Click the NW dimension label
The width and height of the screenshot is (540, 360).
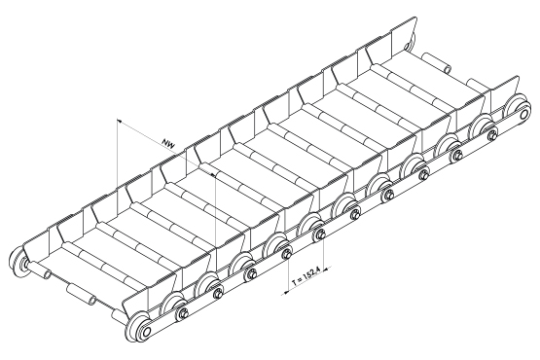coord(168,143)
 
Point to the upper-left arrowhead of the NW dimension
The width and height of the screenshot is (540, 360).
coord(119,122)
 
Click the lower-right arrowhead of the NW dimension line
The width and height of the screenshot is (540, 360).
coord(213,175)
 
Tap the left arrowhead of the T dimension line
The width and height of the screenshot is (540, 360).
coord(285,293)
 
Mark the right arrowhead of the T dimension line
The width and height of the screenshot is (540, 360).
coord(328,268)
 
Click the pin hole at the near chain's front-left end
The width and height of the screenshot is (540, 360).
coord(146,332)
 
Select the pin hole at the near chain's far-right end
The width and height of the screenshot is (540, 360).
coord(524,113)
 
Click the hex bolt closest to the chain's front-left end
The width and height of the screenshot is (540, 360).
coord(182,314)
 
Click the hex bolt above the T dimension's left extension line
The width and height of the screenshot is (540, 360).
coord(286,255)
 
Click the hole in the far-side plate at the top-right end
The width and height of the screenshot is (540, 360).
coord(408,46)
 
